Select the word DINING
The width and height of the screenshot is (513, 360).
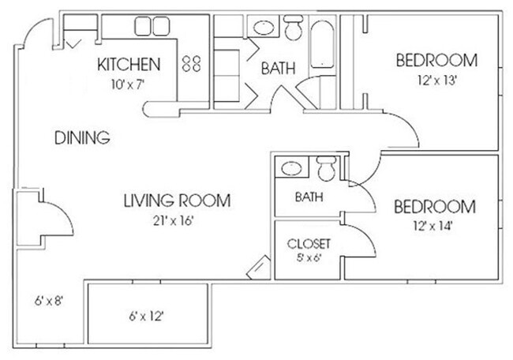[x=81, y=138]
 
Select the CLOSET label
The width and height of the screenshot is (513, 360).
[x=309, y=243]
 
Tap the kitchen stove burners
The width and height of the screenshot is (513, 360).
[x=192, y=65]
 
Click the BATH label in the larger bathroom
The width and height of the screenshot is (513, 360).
[x=278, y=69]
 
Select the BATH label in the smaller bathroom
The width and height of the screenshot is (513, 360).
[x=308, y=197]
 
